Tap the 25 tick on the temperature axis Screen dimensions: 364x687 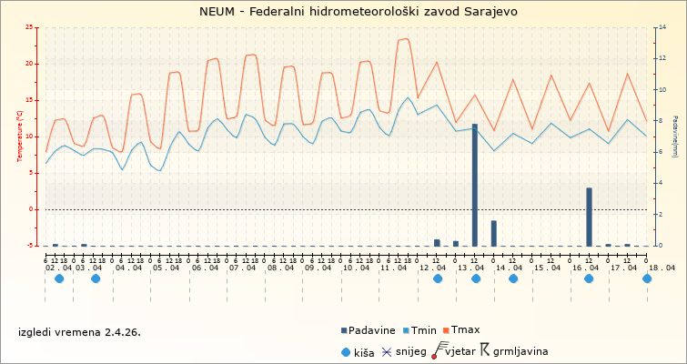tap(31, 27)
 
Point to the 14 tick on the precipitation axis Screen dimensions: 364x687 tap(660, 27)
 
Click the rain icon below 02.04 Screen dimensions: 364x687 tap(59, 278)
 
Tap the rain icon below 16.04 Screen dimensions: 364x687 tap(589, 278)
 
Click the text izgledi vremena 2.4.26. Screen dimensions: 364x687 tap(79, 331)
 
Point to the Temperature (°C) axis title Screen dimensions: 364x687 tap(19, 136)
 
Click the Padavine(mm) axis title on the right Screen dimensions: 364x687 tap(674, 136)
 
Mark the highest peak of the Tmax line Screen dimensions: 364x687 tap(405, 39)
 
